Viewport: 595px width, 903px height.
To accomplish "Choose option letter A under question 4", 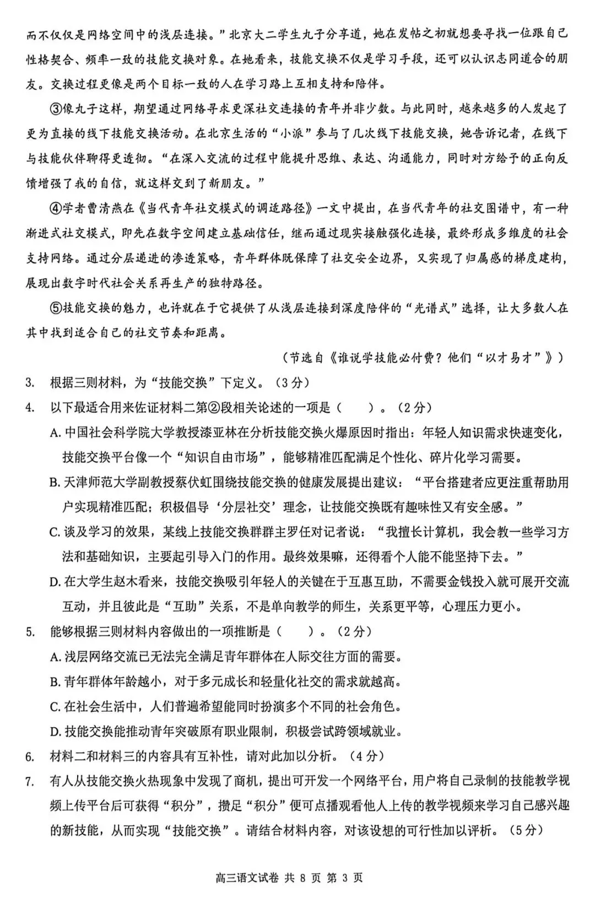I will coord(54,433).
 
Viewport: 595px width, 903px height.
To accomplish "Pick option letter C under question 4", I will coord(54,532).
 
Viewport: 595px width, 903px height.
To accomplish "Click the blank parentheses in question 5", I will coord(293,631).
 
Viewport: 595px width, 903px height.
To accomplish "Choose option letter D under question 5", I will coord(54,732).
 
